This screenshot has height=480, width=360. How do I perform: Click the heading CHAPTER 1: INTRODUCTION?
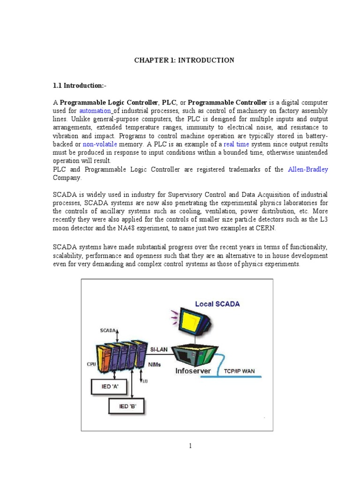tap(184, 60)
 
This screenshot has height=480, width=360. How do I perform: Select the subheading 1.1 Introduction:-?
tap(79, 86)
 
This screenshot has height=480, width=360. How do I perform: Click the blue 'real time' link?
tap(236, 144)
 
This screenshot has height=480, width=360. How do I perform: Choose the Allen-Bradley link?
tap(307, 169)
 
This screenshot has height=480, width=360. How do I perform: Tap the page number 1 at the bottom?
tap(190, 446)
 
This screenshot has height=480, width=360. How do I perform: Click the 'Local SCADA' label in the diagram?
tap(217, 304)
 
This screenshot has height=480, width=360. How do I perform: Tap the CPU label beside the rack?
tap(91, 363)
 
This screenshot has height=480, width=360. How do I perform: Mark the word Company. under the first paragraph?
tap(67, 178)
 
